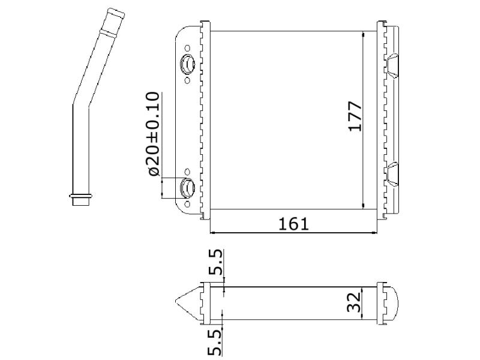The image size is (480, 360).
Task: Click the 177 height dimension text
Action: coord(355,116)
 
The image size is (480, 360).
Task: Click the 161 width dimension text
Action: coord(293,224)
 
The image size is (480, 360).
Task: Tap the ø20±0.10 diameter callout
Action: coord(154,134)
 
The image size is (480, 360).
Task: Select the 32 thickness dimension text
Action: coord(353,302)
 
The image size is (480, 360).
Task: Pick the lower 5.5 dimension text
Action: coord(215,342)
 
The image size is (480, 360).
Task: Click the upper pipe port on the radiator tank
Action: coord(187,64)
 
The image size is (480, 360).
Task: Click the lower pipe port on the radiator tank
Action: coord(187,187)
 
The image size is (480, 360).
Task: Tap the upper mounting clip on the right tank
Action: coord(393,67)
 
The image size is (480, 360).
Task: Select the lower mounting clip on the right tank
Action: coord(393,174)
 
